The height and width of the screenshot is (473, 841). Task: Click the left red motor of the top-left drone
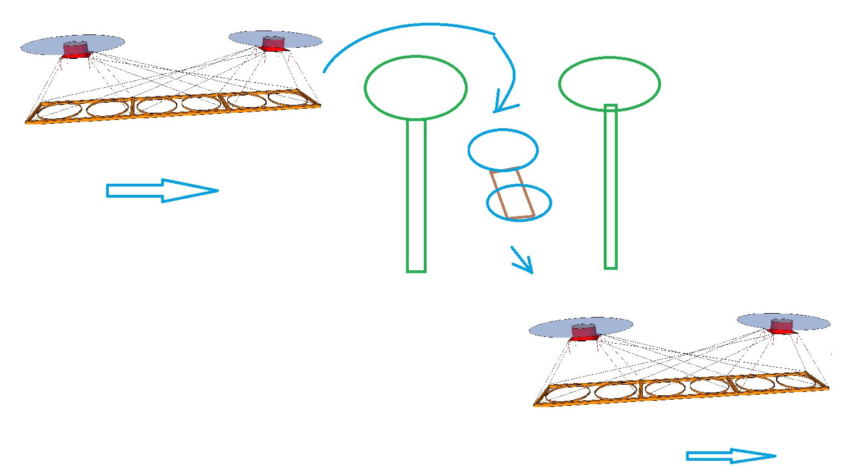pyautogui.click(x=76, y=49)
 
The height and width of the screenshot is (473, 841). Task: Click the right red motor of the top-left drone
pyautogui.click(x=273, y=44)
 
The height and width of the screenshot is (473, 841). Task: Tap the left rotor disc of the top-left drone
pyautogui.click(x=39, y=46)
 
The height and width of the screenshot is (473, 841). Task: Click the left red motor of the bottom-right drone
pyautogui.click(x=584, y=332)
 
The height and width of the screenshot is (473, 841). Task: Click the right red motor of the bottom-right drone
pyautogui.click(x=782, y=326)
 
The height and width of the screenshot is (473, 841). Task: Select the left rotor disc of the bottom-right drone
pyautogui.click(x=547, y=329)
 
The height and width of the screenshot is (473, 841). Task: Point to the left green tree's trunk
pyautogui.click(x=416, y=194)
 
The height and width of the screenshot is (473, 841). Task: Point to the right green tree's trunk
pyautogui.click(x=610, y=189)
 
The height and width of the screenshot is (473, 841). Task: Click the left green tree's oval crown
pyautogui.click(x=416, y=87)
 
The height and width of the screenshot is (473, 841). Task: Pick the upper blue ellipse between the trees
pyautogui.click(x=503, y=149)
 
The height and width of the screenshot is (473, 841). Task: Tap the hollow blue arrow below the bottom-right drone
pyautogui.click(x=730, y=456)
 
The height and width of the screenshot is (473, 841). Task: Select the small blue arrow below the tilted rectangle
pyautogui.click(x=523, y=261)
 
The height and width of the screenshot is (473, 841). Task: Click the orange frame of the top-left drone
pyautogui.click(x=172, y=114)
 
